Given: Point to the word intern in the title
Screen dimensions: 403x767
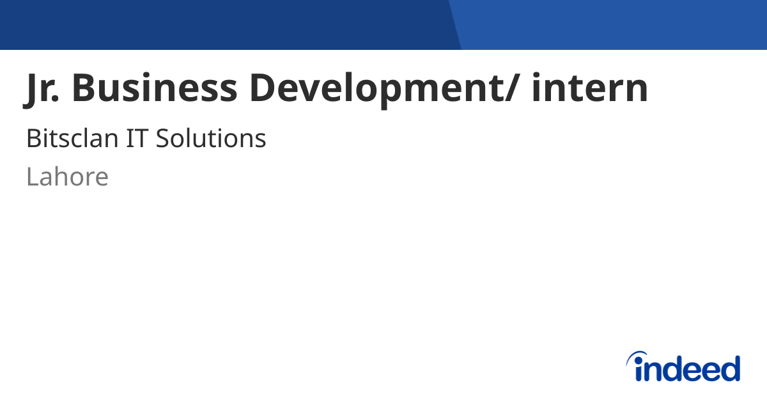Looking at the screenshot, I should point(589,88).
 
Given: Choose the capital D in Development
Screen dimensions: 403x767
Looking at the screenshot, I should point(265,88).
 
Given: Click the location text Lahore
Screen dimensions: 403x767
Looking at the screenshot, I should point(67,177).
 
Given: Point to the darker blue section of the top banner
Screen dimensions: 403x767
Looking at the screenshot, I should point(224,24).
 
